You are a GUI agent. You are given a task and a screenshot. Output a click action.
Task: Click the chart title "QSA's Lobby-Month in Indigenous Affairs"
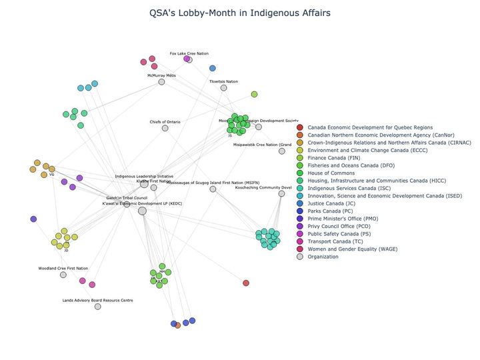click(x=239, y=13)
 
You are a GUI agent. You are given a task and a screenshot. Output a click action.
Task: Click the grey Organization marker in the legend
click(x=300, y=257)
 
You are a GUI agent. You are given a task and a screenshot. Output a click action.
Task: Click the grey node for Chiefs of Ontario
click(x=165, y=128)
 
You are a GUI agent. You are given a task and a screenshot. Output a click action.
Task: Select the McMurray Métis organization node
click(x=162, y=82)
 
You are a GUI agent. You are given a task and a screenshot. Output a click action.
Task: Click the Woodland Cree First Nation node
click(x=63, y=275)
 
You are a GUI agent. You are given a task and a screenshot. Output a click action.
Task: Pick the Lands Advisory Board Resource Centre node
click(x=97, y=307)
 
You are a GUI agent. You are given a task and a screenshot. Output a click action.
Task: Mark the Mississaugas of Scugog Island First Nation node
click(x=213, y=189)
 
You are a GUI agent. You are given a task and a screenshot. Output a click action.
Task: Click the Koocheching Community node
click(x=281, y=194)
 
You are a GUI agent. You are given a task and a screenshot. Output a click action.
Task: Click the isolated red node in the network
click(x=246, y=283)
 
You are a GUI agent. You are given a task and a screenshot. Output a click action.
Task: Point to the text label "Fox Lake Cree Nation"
click(x=189, y=53)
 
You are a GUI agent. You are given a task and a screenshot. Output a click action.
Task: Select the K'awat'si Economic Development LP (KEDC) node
click(x=142, y=211)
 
